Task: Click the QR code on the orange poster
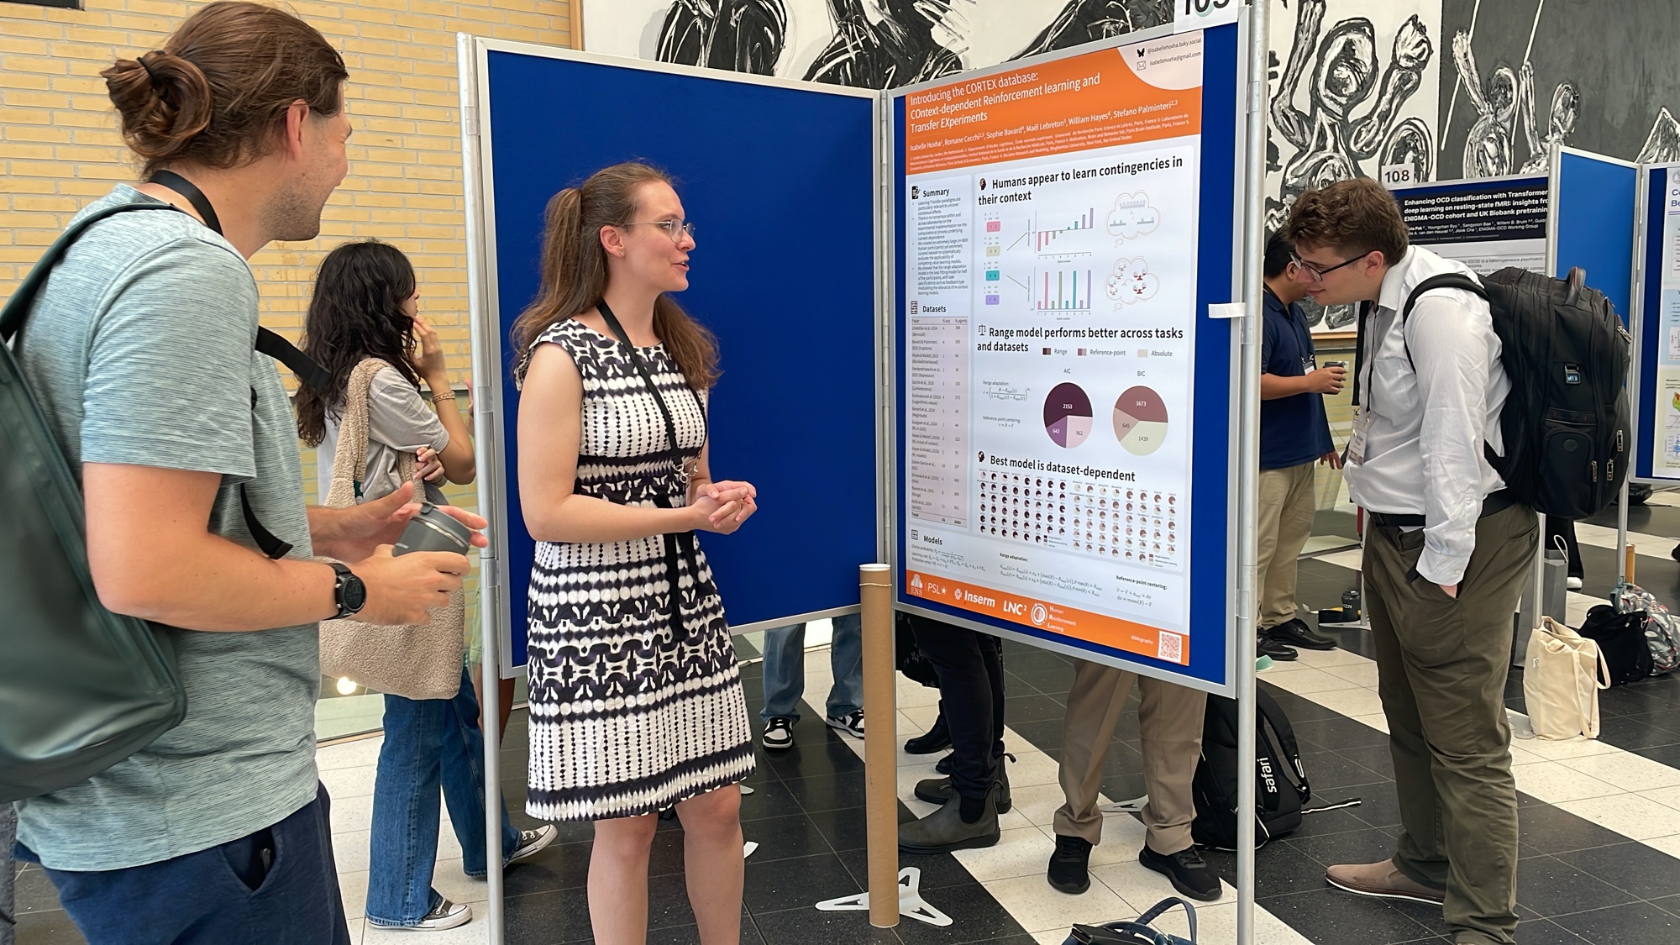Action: point(1169,645)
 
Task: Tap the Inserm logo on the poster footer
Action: point(974,597)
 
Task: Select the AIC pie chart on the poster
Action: point(1067,414)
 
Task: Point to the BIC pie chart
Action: point(1140,420)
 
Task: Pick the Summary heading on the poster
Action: point(935,192)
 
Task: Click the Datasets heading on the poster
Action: point(933,309)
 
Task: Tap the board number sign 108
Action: point(1396,176)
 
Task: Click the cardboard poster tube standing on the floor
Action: point(879,739)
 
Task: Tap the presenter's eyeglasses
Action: point(670,230)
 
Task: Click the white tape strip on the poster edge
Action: point(1226,311)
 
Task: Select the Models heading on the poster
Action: point(932,539)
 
